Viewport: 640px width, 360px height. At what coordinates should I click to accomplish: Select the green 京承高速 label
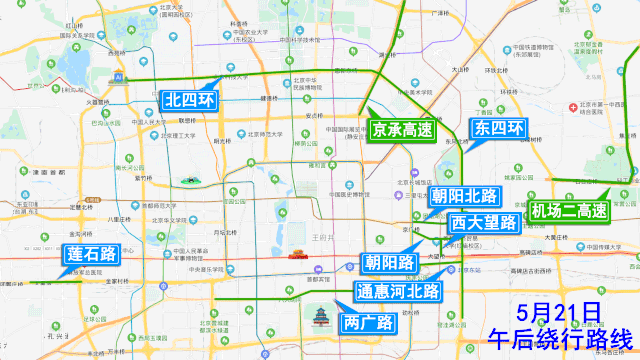[x=401, y=129]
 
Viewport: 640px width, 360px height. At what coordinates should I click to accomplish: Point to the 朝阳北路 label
[x=465, y=195]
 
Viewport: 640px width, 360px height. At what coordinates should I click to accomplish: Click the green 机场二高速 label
[x=569, y=211]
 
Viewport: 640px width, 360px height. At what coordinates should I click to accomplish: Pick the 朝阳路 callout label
[x=390, y=263]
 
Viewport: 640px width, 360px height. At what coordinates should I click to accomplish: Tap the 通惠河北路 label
[x=397, y=292]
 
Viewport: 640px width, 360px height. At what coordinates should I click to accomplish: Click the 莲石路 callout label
[x=90, y=254]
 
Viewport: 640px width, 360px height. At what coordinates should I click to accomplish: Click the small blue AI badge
[x=118, y=76]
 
